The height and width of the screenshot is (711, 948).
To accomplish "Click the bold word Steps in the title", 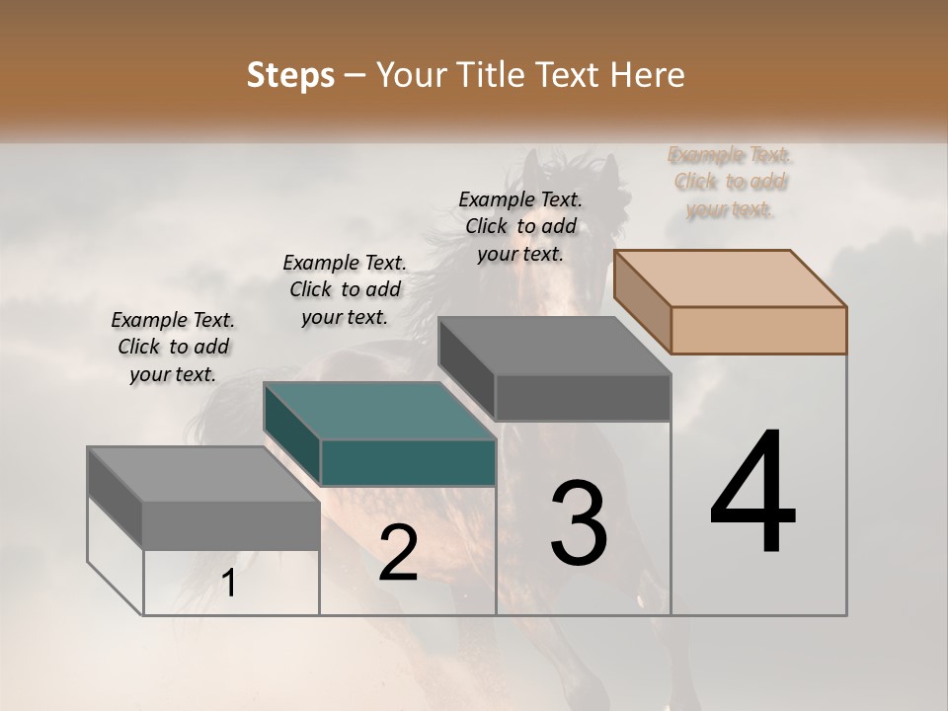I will coord(290,75).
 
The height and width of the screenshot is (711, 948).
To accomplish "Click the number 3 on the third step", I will coord(579,522).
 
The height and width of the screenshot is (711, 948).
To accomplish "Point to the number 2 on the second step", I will coord(398,553).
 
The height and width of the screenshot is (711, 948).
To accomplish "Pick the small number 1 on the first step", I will coord(229,584).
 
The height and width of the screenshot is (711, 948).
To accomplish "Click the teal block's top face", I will coord(379,410).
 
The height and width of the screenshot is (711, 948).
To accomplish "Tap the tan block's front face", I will coord(758,330).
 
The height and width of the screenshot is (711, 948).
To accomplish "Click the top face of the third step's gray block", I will coord(555,346).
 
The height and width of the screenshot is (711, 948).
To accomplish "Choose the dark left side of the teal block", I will coord(292,434).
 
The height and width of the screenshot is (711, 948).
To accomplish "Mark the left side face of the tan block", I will coord(642,301).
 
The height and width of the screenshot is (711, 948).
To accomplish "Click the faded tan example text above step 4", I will coord(731,182).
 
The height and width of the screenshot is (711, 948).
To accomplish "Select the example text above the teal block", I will coord(345,289).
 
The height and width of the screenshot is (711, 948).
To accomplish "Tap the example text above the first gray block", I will coord(173,347).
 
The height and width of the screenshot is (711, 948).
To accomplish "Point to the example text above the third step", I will coord(520,226).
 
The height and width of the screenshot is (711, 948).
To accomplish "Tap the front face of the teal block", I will coord(408,462).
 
